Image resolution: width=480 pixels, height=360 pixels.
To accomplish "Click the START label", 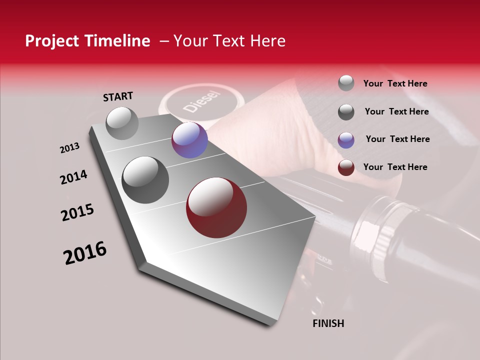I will (x=118, y=96).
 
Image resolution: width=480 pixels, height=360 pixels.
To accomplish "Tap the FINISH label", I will (x=328, y=323).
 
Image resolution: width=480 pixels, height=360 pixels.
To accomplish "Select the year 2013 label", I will (x=70, y=148).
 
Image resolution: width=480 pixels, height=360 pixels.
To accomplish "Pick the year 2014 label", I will (x=74, y=177).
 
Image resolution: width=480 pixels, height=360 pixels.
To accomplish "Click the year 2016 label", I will (x=85, y=252).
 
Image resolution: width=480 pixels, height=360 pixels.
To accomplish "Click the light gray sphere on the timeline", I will (x=122, y=123).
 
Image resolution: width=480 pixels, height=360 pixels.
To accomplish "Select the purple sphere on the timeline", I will (x=189, y=140).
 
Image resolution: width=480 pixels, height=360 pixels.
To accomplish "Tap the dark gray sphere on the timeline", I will (x=145, y=179).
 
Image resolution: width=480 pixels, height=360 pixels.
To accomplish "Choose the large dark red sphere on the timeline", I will (x=216, y=207).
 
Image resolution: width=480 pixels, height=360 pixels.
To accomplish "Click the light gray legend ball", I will (x=346, y=83).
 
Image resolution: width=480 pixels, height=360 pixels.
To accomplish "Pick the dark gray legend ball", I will (x=346, y=111).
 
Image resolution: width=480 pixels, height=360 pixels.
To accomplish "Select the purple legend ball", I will (x=346, y=139).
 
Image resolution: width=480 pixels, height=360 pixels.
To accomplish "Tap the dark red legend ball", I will (x=346, y=167).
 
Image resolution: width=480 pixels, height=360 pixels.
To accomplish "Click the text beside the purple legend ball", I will (x=397, y=139).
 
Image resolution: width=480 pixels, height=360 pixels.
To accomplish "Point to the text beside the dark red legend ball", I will (x=395, y=167).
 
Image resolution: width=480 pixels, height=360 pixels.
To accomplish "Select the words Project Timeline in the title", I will (x=87, y=41).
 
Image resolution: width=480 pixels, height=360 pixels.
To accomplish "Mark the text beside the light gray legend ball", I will (x=395, y=83).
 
